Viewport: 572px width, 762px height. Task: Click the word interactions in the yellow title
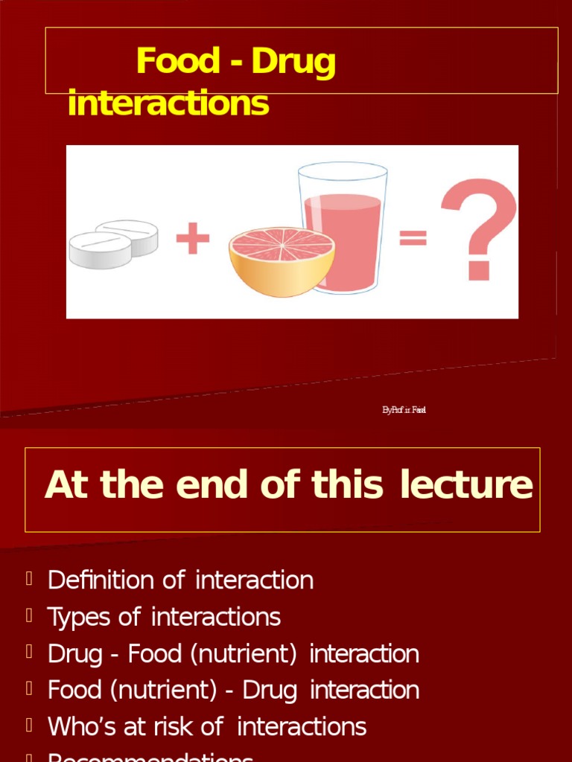click(x=168, y=103)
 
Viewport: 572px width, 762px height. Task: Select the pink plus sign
click(x=193, y=240)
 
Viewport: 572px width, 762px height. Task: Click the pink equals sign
click(x=413, y=238)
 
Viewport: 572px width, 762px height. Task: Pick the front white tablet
click(x=99, y=250)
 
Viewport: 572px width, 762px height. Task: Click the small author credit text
click(x=404, y=410)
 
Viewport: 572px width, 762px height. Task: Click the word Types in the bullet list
click(x=78, y=617)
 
